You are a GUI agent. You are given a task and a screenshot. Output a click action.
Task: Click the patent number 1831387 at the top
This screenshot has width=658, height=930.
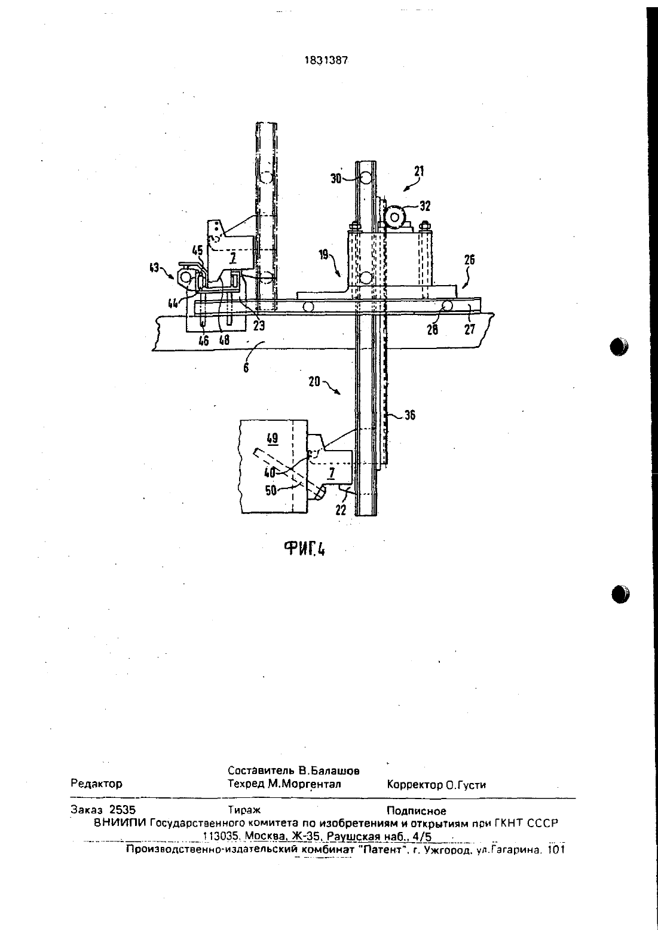click(326, 60)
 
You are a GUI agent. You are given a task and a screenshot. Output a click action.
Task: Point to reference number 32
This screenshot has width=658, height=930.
click(425, 206)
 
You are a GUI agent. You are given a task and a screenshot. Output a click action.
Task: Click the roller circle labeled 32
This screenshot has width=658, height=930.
click(395, 218)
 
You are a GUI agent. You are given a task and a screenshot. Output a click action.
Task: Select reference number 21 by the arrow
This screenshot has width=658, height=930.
click(419, 171)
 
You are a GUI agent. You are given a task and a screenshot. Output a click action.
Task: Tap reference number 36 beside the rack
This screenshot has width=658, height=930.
click(410, 415)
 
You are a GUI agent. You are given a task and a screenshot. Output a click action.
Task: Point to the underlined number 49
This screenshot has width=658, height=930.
click(273, 438)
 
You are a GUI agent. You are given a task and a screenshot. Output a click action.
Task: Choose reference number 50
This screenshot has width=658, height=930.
click(271, 491)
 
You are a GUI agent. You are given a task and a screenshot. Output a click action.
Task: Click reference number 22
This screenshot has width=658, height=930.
click(341, 510)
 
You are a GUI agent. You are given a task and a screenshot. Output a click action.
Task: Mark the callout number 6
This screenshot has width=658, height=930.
click(246, 368)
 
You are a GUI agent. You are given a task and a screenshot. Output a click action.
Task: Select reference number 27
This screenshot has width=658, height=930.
click(470, 329)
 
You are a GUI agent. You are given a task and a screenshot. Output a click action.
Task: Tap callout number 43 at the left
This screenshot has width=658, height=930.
click(154, 268)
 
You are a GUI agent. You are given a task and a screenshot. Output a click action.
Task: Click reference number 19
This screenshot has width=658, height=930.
click(324, 255)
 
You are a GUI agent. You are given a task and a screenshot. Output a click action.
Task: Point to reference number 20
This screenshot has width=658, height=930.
click(314, 381)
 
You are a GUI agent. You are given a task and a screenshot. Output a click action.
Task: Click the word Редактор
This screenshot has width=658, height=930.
click(97, 784)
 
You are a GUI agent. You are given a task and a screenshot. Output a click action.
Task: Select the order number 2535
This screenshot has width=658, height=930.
click(123, 810)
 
